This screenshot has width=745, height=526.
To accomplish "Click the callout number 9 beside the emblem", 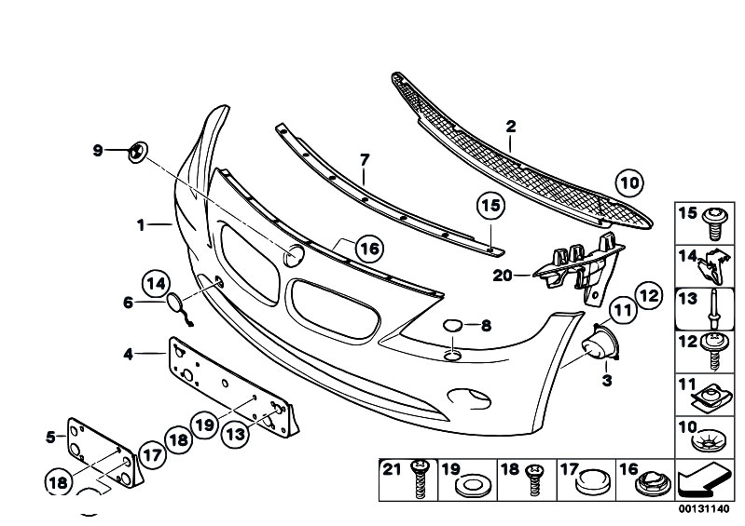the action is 97,151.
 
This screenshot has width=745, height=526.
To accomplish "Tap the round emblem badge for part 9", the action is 138,152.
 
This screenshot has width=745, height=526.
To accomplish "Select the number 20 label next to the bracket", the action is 503,275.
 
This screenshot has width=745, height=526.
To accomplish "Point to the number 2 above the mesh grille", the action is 511,127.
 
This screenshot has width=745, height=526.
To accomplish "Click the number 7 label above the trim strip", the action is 365,160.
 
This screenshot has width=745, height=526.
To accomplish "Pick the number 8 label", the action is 486,326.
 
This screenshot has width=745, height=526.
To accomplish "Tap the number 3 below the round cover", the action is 607,381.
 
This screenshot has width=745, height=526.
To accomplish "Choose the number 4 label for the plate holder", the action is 129,354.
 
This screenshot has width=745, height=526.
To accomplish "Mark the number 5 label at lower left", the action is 51,437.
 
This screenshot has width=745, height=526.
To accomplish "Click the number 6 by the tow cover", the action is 128,303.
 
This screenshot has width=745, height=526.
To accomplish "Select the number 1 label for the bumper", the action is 141,224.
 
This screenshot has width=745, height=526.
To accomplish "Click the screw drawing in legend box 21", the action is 420,479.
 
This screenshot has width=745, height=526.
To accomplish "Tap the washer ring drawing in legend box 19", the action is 470,487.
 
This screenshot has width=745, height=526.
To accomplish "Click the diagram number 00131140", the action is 704,509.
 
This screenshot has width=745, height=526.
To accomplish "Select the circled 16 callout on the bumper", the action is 369,249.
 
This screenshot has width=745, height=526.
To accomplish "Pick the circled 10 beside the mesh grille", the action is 629,182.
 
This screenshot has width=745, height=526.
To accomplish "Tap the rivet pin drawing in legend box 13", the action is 713,309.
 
